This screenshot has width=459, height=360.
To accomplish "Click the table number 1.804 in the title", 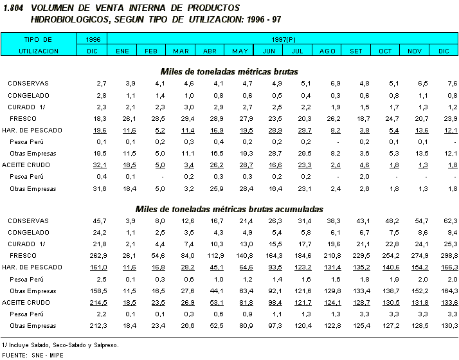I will pyautogui.click(x=14, y=8).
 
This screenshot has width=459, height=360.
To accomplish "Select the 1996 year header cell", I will pyautogui.click(x=93, y=39).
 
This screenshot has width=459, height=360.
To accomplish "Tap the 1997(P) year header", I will pyautogui.click(x=283, y=39).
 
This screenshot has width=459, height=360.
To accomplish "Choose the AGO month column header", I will pyautogui.click(x=327, y=51).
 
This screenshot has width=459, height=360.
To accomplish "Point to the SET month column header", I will pyautogui.click(x=355, y=51).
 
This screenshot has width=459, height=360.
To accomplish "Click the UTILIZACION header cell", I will pyautogui.click(x=39, y=51).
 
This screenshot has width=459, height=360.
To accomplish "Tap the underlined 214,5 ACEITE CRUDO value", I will pyautogui.click(x=98, y=302).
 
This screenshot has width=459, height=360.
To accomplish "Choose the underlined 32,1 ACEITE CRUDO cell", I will pyautogui.click(x=99, y=165).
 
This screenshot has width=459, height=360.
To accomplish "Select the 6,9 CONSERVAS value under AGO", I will pyautogui.click(x=335, y=84).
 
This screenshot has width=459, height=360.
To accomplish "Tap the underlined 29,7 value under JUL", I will pyautogui.click(x=305, y=130).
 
